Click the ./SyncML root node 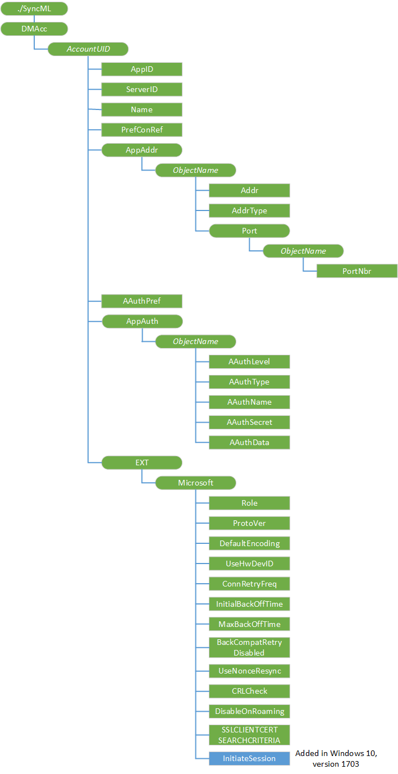click(x=34, y=8)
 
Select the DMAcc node click(x=34, y=29)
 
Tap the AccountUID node click(x=88, y=49)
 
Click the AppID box click(x=141, y=69)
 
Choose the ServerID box click(x=141, y=89)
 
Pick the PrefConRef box click(x=141, y=130)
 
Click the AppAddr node click(x=141, y=150)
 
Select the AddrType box click(x=249, y=210)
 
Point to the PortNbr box click(x=357, y=271)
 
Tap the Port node click(x=249, y=231)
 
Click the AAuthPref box click(x=141, y=301)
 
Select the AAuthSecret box click(x=249, y=422)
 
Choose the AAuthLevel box click(x=249, y=361)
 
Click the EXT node click(x=141, y=462)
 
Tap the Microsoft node click(x=195, y=483)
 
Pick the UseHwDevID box click(x=249, y=564)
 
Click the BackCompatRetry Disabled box click(x=249, y=647)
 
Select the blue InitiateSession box click(x=249, y=758)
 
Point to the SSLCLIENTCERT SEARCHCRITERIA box click(x=249, y=735)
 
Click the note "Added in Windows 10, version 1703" click(x=336, y=758)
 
